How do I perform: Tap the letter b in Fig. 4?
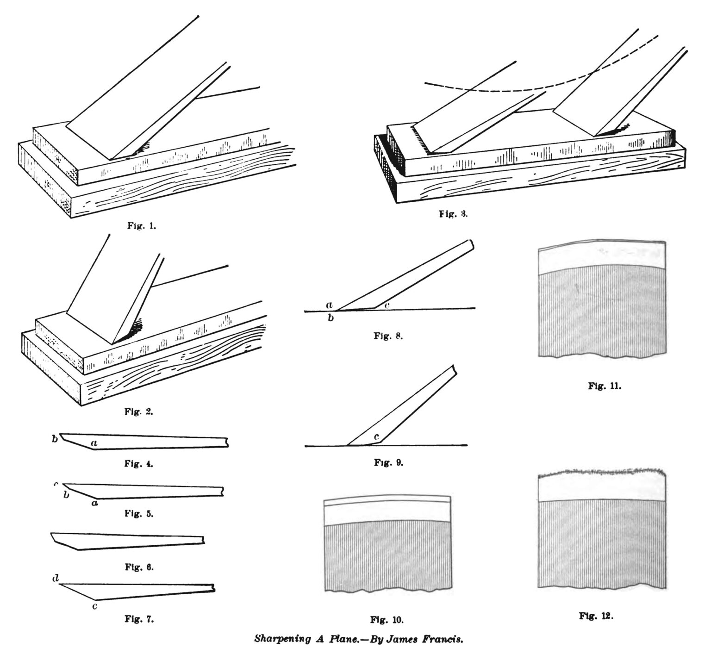coord(55,439)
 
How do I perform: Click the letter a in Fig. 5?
coord(94,503)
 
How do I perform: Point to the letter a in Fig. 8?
coord(329,305)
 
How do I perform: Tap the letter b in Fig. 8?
coord(331,319)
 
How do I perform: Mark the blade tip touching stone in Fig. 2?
coord(114,342)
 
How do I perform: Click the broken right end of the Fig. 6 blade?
coord(204,539)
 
